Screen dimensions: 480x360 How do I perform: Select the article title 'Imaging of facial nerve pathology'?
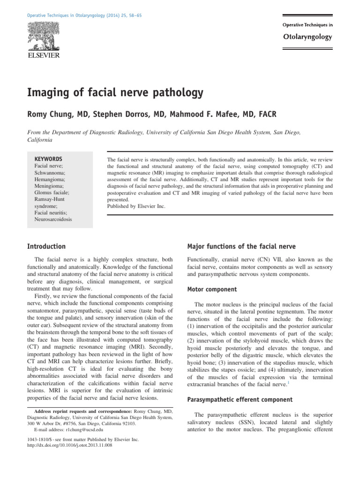tap(115, 92)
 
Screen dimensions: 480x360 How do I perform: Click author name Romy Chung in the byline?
tap(56, 115)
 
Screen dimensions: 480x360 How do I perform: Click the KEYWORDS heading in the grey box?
tap(48, 159)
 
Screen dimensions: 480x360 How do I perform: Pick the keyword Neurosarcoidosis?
tap(53, 219)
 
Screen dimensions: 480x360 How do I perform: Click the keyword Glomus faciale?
tap(52, 192)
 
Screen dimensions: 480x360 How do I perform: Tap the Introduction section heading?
tap(46, 247)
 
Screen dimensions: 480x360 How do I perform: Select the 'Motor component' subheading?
tap(212, 290)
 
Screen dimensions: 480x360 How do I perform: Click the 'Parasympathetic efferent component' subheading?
tap(240, 400)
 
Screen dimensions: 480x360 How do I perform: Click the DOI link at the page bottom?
tap(70, 446)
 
